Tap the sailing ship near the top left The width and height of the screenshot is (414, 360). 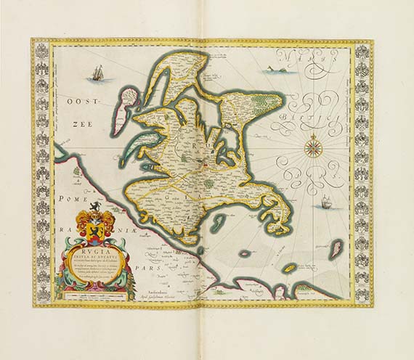click(x=95, y=73)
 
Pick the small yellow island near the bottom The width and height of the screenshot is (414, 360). click(x=289, y=269)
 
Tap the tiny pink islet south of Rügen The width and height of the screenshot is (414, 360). click(x=245, y=253)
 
